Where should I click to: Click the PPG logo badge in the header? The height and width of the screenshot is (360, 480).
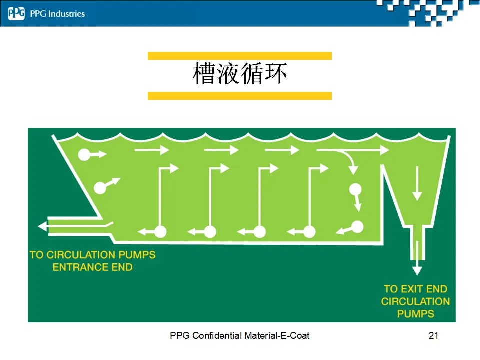[x=16, y=14]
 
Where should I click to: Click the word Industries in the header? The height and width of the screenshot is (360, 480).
[x=66, y=14]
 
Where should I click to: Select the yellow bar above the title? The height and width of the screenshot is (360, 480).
[x=240, y=56]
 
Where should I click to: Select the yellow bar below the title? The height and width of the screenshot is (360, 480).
[x=240, y=95]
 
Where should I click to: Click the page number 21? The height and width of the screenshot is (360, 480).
[x=433, y=335]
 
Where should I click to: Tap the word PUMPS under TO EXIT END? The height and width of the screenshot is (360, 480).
[x=415, y=314]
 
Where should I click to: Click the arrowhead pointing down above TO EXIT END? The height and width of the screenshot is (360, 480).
[x=417, y=270]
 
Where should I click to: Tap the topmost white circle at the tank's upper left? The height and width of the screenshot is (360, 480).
[x=84, y=155]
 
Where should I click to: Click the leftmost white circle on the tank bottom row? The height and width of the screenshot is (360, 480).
[x=160, y=231]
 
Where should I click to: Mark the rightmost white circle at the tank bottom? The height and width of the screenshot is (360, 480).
[x=357, y=227]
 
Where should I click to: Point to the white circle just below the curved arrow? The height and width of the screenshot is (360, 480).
[x=355, y=189]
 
